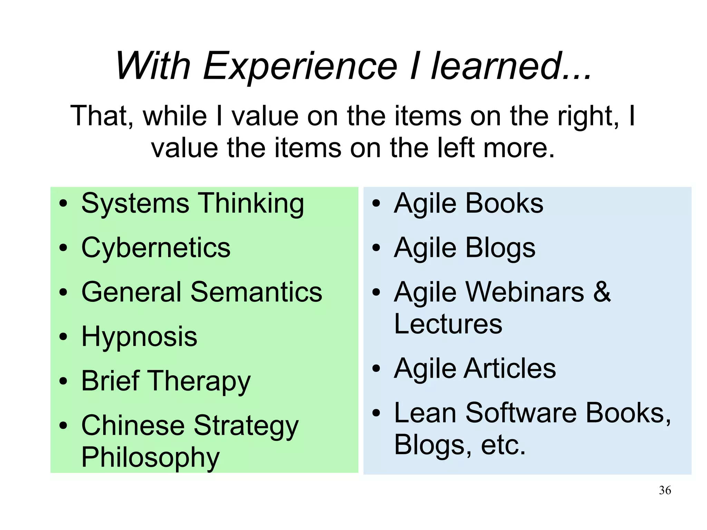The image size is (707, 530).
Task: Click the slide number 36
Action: (x=665, y=490)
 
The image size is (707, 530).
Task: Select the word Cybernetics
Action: (x=156, y=248)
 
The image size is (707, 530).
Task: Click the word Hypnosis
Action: (x=139, y=337)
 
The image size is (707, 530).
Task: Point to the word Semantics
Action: (x=256, y=292)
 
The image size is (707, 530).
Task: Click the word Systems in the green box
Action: (x=135, y=204)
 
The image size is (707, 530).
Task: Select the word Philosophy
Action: (x=150, y=458)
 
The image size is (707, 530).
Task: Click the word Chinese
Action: (x=133, y=425)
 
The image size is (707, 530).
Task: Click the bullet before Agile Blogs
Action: (x=376, y=248)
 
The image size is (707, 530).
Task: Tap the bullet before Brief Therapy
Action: (x=63, y=382)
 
